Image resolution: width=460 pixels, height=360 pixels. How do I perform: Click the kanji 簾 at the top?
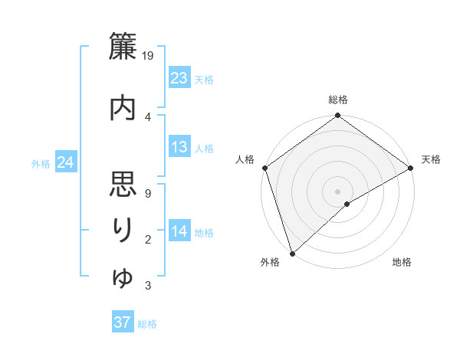tap(123, 47)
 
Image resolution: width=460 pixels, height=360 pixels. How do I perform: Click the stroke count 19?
tap(149, 56)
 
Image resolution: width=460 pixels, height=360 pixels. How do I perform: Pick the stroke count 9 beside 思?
tap(147, 193)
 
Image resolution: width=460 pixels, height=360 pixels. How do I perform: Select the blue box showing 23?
tap(179, 78)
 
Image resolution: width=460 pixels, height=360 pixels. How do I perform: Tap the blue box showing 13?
tap(179, 147)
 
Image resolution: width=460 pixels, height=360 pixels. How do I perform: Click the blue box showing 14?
tap(179, 231)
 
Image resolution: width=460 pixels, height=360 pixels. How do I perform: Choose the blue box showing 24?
tap(65, 162)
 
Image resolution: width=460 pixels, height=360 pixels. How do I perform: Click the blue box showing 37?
tap(123, 322)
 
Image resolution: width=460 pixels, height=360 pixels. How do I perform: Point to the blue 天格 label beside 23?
tap(204, 79)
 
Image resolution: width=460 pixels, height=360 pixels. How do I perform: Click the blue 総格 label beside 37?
tap(147, 323)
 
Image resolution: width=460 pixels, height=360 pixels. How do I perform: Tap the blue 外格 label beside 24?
tap(41, 163)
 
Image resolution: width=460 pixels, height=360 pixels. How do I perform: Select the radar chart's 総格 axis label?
tap(338, 100)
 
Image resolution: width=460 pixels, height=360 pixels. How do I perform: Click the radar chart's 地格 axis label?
tap(402, 263)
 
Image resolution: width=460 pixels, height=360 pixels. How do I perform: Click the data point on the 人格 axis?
tap(265, 168)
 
